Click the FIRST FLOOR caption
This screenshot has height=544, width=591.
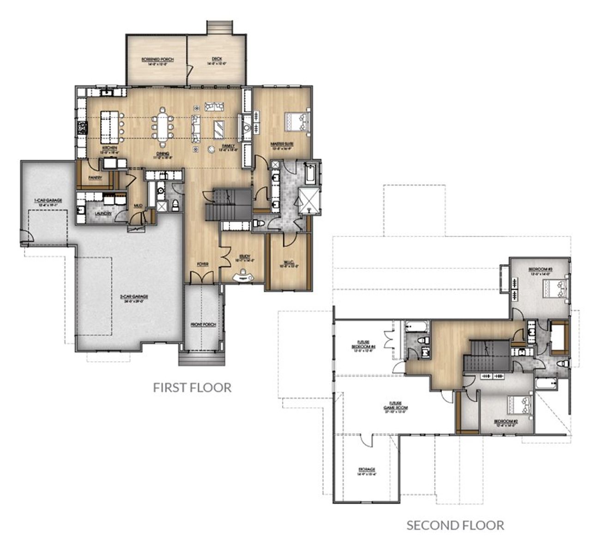pyautogui.click(x=192, y=387)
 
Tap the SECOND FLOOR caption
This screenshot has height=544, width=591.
pyautogui.click(x=455, y=525)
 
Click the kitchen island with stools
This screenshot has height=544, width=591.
pyautogui.click(x=110, y=126)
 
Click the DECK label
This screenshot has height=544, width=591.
pyautogui.click(x=217, y=59)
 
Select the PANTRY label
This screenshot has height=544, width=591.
pyautogui.click(x=95, y=177)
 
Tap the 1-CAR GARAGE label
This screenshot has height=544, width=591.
pyautogui.click(x=48, y=200)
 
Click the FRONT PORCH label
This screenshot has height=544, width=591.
pyautogui.click(x=203, y=325)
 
